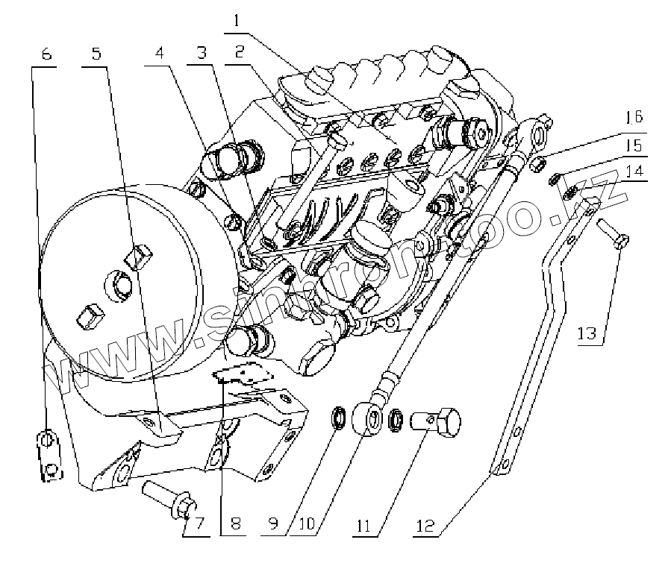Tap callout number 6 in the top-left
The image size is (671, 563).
[x=46, y=54]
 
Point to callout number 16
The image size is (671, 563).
[x=634, y=117]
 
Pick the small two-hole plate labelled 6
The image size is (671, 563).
[x=49, y=456]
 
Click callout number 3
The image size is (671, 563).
[x=199, y=54]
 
